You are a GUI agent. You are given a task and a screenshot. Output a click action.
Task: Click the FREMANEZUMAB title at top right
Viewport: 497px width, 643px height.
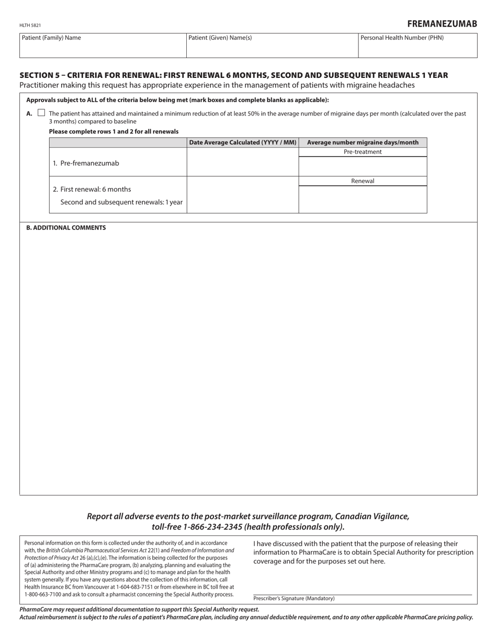tap(442, 24)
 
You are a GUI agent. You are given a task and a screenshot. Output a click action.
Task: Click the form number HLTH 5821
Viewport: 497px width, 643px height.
tap(30, 25)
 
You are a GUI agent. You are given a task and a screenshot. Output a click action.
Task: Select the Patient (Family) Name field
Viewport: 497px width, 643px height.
tap(103, 48)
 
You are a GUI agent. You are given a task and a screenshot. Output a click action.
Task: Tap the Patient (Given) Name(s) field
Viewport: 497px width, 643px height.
tap(272, 48)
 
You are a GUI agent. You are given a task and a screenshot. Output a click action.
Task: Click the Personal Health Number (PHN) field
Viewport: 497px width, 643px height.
tap(417, 48)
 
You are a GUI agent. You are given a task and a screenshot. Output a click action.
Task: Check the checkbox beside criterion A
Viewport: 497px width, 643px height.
tap(41, 113)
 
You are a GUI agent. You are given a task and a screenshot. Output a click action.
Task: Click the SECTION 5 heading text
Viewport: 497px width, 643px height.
tap(233, 75)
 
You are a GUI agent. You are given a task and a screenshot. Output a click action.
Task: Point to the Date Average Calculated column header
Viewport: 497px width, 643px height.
tap(243, 142)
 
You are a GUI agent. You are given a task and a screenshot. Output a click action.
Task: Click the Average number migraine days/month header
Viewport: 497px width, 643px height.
tap(363, 142)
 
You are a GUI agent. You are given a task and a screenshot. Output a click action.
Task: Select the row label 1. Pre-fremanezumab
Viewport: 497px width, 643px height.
tap(86, 163)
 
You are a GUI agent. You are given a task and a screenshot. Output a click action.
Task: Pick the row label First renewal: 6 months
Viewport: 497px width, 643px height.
tap(92, 189)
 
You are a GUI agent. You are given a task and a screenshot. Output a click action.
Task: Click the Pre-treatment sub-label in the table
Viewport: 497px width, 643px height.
tap(363, 152)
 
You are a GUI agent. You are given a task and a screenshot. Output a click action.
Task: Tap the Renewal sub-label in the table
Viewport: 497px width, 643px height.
tap(363, 181)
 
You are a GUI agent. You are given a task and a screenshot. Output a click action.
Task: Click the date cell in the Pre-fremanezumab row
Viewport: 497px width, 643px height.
tap(243, 163)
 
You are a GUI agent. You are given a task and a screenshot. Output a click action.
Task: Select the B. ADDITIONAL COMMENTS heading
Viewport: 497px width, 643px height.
tap(66, 228)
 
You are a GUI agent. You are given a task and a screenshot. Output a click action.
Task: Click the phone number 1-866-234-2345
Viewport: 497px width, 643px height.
tap(213, 527)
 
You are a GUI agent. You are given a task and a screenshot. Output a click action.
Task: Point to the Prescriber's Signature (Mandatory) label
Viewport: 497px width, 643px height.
tap(294, 599)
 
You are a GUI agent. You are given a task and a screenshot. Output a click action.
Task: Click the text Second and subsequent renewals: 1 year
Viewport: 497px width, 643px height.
tap(121, 202)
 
